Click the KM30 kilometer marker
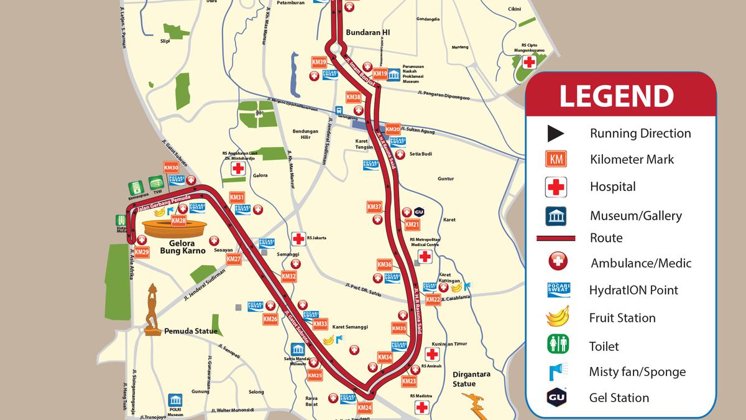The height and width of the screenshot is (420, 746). tap(171, 168)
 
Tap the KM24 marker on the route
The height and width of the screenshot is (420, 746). tap(364, 408)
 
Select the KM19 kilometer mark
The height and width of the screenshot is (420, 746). tap(380, 75)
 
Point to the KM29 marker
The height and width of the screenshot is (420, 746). tap(142, 252)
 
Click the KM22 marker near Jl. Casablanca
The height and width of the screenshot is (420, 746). tap(433, 300)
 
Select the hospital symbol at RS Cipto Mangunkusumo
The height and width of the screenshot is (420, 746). tap(529, 62)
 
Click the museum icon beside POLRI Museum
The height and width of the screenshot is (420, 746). tap(175, 400)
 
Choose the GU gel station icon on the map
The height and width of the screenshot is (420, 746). tap(418, 212)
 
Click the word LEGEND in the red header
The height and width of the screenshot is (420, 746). tap(615, 96)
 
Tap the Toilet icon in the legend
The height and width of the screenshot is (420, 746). tap(557, 344)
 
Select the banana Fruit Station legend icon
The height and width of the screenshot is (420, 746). tap(557, 317)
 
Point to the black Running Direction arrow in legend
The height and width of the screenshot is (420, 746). tap(555, 133)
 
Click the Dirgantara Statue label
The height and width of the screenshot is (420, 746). tap(472, 378)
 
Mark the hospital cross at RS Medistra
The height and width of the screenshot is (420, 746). tap(422, 407)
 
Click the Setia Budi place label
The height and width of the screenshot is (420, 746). tap(421, 154)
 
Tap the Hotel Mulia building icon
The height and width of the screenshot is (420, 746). tap(121, 220)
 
